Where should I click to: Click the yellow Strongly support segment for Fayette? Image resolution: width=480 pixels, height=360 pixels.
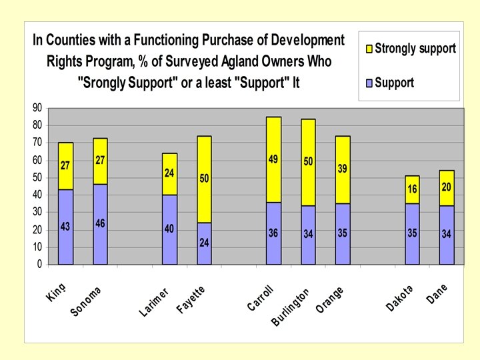pyautogui.click(x=203, y=179)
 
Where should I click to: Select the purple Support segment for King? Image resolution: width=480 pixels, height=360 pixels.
pyautogui.click(x=65, y=227)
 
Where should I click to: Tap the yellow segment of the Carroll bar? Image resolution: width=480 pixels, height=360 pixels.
pyautogui.click(x=273, y=159)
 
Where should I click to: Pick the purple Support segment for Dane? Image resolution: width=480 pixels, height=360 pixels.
pyautogui.click(x=446, y=235)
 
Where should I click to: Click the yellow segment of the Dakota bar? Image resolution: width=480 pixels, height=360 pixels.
pyautogui.click(x=412, y=189)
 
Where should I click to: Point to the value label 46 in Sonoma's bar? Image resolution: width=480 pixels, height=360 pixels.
pyautogui.click(x=100, y=223)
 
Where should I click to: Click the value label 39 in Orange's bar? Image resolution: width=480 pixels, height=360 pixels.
pyautogui.click(x=343, y=169)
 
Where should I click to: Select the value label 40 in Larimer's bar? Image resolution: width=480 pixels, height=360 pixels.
pyautogui.click(x=169, y=229)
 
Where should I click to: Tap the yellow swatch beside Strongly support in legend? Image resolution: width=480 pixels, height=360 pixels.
pyautogui.click(x=369, y=48)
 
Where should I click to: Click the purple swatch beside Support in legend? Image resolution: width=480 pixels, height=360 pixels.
pyautogui.click(x=369, y=83)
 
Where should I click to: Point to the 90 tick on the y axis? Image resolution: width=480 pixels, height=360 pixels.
pyautogui.click(x=37, y=108)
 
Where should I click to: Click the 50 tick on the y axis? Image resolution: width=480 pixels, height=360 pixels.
pyautogui.click(x=37, y=177)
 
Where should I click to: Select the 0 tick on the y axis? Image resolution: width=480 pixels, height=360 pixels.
pyautogui.click(x=39, y=264)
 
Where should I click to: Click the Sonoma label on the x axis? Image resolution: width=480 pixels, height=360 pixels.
pyautogui.click(x=87, y=301)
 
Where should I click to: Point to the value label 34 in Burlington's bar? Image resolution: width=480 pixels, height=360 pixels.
pyautogui.click(x=308, y=234)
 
